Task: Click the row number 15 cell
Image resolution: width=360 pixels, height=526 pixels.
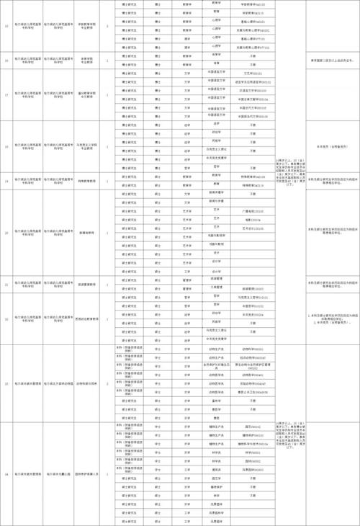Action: (x=6, y=28)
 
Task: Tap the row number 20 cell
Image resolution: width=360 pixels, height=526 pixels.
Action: (x=6, y=233)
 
